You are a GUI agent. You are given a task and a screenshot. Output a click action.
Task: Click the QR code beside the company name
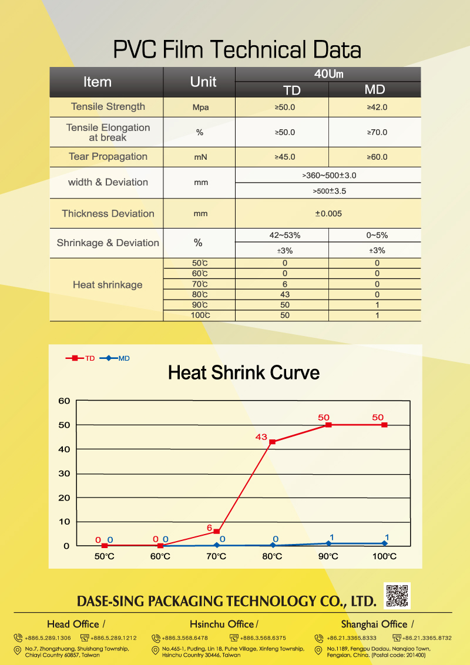point(398,596)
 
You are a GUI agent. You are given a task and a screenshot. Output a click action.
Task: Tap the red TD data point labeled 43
point(272,441)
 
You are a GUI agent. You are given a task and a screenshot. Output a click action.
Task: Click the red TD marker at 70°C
point(217,531)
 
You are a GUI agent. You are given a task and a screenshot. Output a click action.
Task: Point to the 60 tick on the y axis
point(64,401)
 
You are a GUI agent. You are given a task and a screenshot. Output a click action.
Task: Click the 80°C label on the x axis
point(273,556)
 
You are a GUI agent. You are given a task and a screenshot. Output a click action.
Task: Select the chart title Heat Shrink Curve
point(244,372)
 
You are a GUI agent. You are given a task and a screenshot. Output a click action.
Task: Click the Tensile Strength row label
point(108,106)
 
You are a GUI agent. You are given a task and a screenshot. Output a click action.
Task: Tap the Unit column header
point(203,82)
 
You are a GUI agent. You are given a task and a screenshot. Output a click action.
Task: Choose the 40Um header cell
point(328,74)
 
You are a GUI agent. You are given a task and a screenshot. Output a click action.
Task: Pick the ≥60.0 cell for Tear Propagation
point(377,157)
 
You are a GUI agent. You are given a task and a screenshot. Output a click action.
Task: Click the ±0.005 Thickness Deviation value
point(328,214)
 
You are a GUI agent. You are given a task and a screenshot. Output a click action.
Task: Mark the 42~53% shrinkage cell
point(284,235)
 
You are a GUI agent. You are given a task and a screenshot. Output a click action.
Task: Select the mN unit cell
point(201,157)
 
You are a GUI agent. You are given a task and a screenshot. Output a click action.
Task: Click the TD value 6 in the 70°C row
point(285,284)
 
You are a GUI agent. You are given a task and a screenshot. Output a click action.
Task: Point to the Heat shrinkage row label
point(108,285)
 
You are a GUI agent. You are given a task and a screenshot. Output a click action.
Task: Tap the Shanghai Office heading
point(374,624)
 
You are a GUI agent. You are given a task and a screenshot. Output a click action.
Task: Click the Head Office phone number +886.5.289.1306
point(48,638)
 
